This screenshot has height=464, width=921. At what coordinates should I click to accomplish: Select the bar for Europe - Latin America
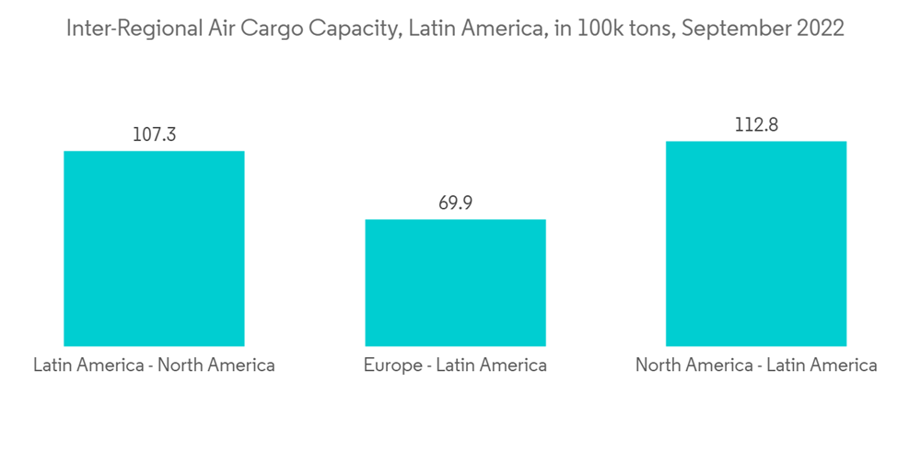click(x=455, y=283)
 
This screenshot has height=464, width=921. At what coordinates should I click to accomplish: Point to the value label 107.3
click(x=154, y=134)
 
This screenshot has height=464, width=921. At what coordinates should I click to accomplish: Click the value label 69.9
click(x=455, y=203)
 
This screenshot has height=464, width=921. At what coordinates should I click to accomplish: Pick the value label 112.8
click(x=756, y=124)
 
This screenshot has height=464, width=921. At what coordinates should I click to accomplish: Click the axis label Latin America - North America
click(x=154, y=365)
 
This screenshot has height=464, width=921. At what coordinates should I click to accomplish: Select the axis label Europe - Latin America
click(x=455, y=365)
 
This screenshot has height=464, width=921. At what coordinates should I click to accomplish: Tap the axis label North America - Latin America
click(x=756, y=365)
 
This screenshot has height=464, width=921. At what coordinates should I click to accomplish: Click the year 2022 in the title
click(x=818, y=29)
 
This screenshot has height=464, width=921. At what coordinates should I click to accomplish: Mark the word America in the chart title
click(x=497, y=29)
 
